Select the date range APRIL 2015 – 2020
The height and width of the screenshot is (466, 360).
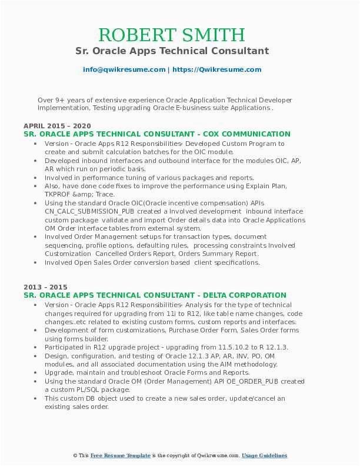pos(57,126)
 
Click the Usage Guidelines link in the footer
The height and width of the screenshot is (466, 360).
pos(264,455)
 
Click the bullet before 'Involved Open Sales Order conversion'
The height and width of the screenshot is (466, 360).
pos(36,262)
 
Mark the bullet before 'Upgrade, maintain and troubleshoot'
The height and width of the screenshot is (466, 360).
pos(36,372)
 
